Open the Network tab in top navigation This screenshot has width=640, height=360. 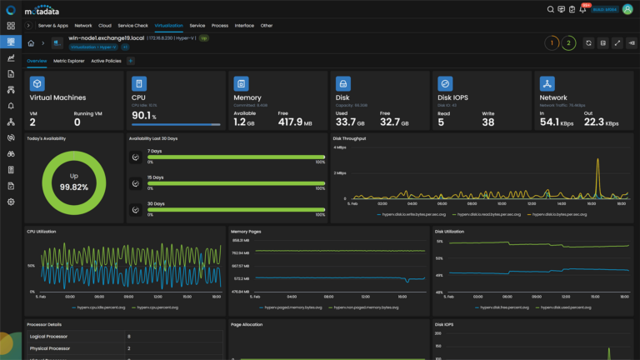click(x=83, y=26)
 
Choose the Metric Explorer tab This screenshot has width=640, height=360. click(x=69, y=61)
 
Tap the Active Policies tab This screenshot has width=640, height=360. click(x=106, y=61)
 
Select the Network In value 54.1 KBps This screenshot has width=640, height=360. click(x=555, y=122)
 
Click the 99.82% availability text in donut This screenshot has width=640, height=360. click(x=74, y=188)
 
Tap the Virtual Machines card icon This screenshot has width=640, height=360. click(x=37, y=83)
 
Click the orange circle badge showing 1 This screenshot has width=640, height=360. click(x=551, y=42)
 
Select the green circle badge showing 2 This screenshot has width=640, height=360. click(x=568, y=42)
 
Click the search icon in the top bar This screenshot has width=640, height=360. click(x=550, y=9)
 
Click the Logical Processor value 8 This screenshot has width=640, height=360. click(x=128, y=336)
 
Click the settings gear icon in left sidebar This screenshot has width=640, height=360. click(x=11, y=202)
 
